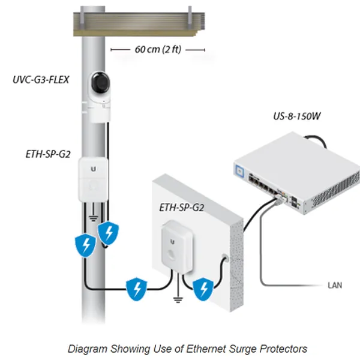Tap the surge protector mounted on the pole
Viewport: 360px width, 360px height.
point(94,179)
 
